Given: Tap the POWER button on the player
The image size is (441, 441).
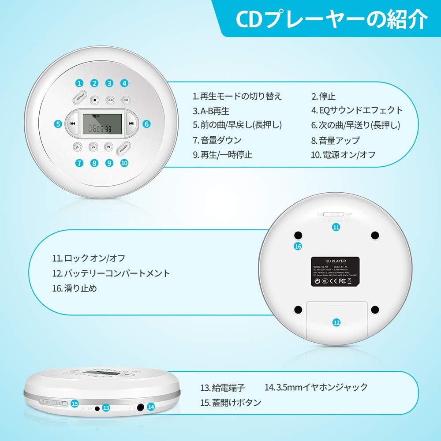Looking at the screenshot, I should click(x=123, y=148).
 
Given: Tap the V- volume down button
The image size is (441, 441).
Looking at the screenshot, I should click(x=78, y=147).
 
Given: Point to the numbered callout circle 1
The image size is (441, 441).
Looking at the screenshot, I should click(x=79, y=83).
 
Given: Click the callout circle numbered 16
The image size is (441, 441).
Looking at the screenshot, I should click(x=298, y=247).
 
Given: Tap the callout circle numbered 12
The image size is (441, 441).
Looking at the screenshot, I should click(x=336, y=322).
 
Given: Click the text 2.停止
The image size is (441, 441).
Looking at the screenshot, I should click(x=324, y=96).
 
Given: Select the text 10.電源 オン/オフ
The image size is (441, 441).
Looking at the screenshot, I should click(x=343, y=155).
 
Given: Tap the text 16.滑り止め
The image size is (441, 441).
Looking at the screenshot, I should click(x=74, y=288).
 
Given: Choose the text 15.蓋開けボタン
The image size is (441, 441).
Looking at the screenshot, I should click(x=230, y=402).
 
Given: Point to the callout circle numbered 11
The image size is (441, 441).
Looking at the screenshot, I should click(x=336, y=228).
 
